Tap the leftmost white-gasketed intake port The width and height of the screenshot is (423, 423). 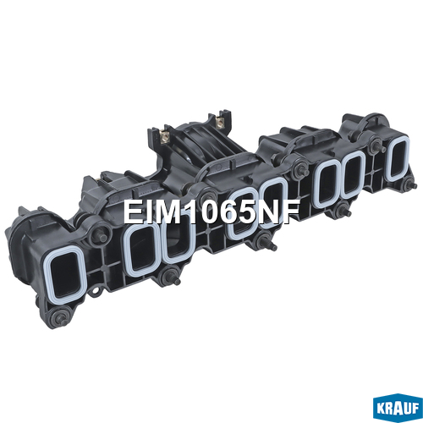64,274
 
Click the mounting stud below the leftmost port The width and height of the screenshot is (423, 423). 60,317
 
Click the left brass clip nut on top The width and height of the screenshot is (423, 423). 164,137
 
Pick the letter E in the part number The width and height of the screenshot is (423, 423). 132,211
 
